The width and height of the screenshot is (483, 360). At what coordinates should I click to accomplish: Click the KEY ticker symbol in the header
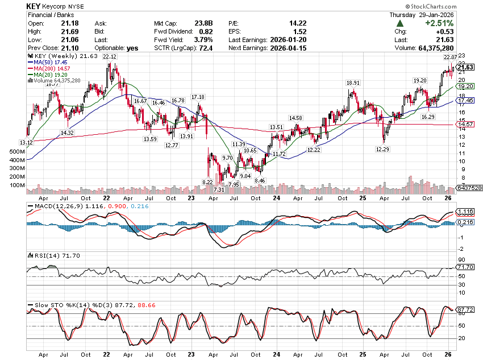click(x=33, y=5)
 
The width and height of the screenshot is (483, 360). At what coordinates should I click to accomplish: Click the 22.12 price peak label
click(x=111, y=56)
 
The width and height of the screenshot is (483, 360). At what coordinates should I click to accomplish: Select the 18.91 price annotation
click(x=353, y=82)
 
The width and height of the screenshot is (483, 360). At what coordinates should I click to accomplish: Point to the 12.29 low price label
click(x=382, y=149)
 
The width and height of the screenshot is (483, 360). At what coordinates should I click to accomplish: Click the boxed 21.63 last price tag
click(x=466, y=67)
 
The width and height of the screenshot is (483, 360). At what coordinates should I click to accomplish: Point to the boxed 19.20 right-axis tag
click(x=466, y=86)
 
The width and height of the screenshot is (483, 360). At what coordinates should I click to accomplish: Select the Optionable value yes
click(x=132, y=48)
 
